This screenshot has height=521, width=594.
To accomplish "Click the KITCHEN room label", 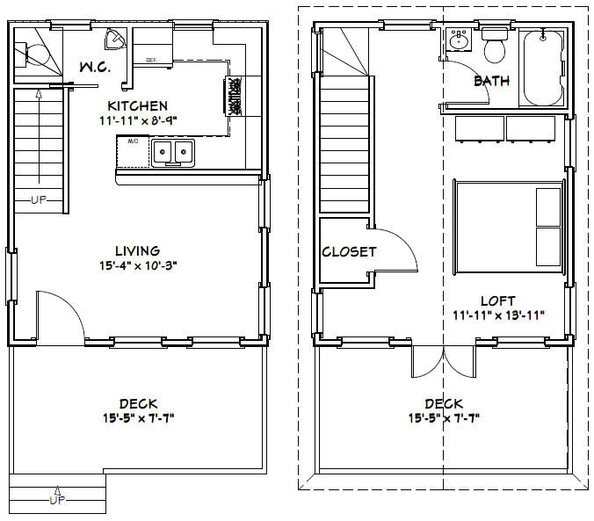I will click(x=137, y=105).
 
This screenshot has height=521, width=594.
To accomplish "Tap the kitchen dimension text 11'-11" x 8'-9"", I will click(x=137, y=120).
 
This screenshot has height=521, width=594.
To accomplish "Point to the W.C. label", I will click(x=94, y=68).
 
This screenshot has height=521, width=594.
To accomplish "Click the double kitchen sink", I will click(x=173, y=154).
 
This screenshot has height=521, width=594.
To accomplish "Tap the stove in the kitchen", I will click(x=235, y=94).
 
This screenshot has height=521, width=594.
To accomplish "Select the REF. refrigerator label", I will click(x=151, y=61).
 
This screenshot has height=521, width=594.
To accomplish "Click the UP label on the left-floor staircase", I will click(x=38, y=199).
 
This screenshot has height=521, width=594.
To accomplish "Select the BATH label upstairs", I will click(x=491, y=81).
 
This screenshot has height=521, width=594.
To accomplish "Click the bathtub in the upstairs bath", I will click(x=542, y=67).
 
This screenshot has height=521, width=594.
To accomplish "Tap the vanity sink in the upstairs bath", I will click(x=458, y=40).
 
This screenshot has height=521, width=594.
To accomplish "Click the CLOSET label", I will click(x=349, y=251).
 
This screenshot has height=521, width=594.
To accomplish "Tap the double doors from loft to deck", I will click(x=445, y=359).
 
